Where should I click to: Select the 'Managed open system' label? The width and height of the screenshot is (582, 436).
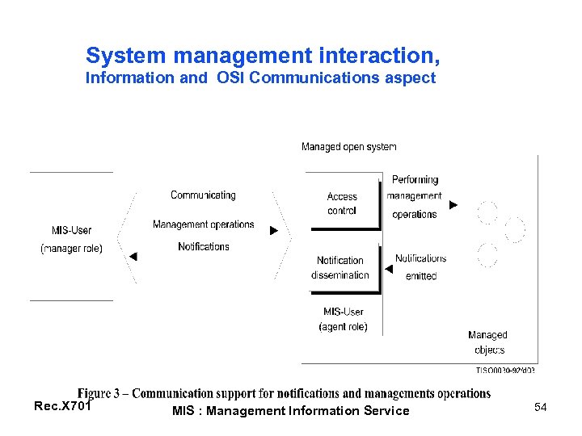coord(348,147)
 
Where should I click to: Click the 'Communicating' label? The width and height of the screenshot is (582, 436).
coord(203,195)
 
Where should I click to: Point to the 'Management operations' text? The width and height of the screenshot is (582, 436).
coord(203,224)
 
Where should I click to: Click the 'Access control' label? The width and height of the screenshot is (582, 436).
coord(342,203)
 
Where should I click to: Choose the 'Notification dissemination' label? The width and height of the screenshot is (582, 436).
coord(340,268)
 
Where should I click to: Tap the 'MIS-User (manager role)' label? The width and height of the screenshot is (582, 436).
coord(71,240)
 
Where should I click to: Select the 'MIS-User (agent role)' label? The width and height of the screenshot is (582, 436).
coord(343,319)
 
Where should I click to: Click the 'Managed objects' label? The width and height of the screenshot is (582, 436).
coord(487,342)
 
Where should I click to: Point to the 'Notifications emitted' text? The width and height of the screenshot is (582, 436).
coord(420,267)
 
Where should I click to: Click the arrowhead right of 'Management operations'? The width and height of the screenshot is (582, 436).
coord(274,230)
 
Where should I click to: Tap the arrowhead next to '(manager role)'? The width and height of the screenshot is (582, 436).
coord(133,257)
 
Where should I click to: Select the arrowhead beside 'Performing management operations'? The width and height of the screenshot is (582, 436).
coord(453,205)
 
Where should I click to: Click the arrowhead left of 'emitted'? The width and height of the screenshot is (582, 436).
coord(389,270)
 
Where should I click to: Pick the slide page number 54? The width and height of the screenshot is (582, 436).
coord(541,408)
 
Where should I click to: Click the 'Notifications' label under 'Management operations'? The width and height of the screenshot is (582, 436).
coord(204,246)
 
